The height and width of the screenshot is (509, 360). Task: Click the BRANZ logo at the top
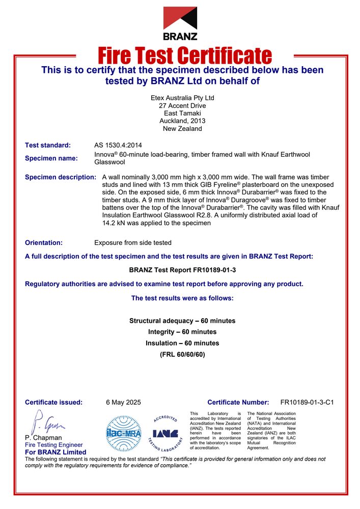[180, 23]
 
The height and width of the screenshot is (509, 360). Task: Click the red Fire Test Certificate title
[184, 55]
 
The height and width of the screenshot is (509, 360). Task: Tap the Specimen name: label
[51, 158]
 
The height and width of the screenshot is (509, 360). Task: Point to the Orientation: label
[44, 243]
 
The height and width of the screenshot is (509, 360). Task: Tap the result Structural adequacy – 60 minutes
[182, 321]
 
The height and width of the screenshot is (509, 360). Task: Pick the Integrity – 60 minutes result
[182, 332]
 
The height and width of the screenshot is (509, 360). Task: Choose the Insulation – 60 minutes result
[182, 343]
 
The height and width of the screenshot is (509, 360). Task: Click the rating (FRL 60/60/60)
[182, 354]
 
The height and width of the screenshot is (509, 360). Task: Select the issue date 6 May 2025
[123, 402]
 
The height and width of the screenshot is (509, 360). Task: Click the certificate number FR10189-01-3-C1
[307, 402]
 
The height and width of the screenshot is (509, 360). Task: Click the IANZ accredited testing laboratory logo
[165, 433]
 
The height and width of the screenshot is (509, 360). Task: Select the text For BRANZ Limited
[56, 452]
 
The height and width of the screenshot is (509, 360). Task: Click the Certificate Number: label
[238, 402]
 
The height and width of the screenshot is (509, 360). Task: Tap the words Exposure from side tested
[133, 243]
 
